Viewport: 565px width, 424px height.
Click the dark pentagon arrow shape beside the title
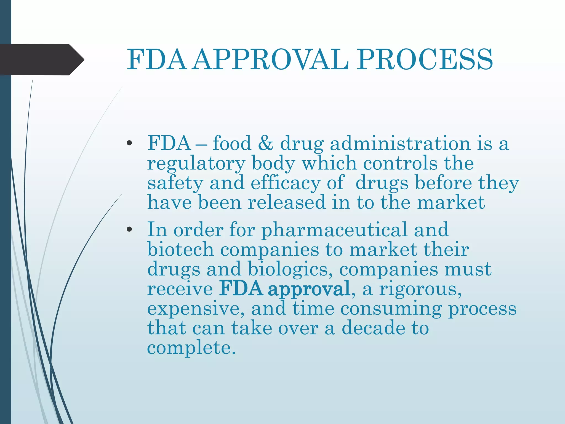point(41,60)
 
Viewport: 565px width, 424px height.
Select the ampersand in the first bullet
point(266,144)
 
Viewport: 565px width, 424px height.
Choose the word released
point(287,202)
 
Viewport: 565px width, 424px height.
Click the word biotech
point(180,250)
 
